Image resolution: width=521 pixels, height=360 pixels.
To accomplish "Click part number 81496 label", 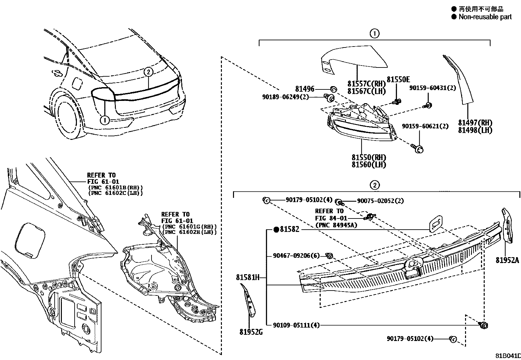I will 304,88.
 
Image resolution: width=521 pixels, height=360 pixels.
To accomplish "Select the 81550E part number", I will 398,79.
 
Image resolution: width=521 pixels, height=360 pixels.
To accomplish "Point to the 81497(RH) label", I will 475,123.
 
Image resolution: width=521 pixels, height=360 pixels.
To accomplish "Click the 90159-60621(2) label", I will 425,126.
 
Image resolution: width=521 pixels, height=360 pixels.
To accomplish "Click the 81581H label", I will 248,277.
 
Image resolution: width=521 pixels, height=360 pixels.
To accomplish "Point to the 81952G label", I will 251,332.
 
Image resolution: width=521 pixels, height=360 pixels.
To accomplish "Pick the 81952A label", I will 507,260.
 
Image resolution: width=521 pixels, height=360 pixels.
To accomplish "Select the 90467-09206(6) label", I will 296,256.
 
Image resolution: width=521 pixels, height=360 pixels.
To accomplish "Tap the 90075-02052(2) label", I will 380,201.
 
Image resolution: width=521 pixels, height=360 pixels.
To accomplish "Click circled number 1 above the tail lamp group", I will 374,33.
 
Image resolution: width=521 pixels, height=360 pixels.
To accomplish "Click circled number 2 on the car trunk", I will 148,72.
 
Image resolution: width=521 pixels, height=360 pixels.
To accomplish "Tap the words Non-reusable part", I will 485,17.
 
